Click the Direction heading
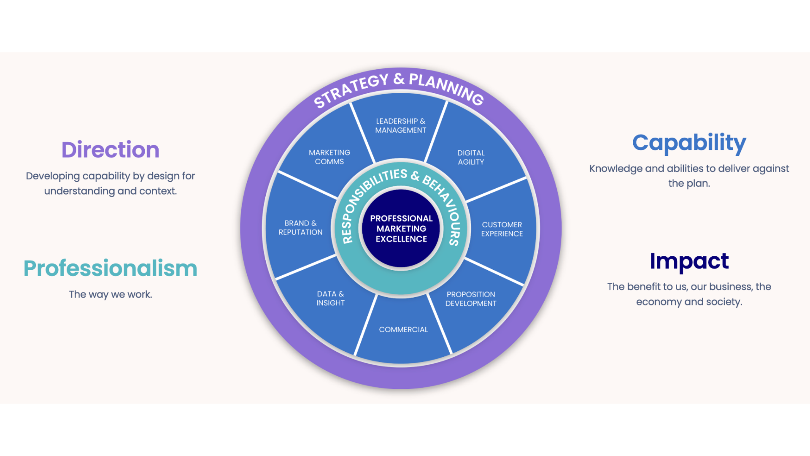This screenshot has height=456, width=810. (111, 150)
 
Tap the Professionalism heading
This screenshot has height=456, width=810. (111, 269)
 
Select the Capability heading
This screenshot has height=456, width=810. (689, 143)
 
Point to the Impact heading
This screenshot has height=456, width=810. (689, 261)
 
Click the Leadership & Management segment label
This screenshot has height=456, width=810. (401, 126)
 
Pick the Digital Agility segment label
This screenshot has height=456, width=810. (471, 157)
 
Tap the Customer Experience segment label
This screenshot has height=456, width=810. (502, 229)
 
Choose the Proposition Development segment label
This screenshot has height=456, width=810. (471, 299)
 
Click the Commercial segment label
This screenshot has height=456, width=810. (403, 330)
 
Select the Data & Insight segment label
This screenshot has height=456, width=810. (330, 299)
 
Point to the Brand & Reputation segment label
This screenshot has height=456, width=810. (300, 228)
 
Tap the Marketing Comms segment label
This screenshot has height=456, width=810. (329, 157)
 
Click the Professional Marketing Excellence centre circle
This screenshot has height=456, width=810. (401, 229)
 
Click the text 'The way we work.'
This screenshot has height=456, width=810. (111, 294)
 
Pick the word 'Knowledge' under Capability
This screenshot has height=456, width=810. (616, 168)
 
